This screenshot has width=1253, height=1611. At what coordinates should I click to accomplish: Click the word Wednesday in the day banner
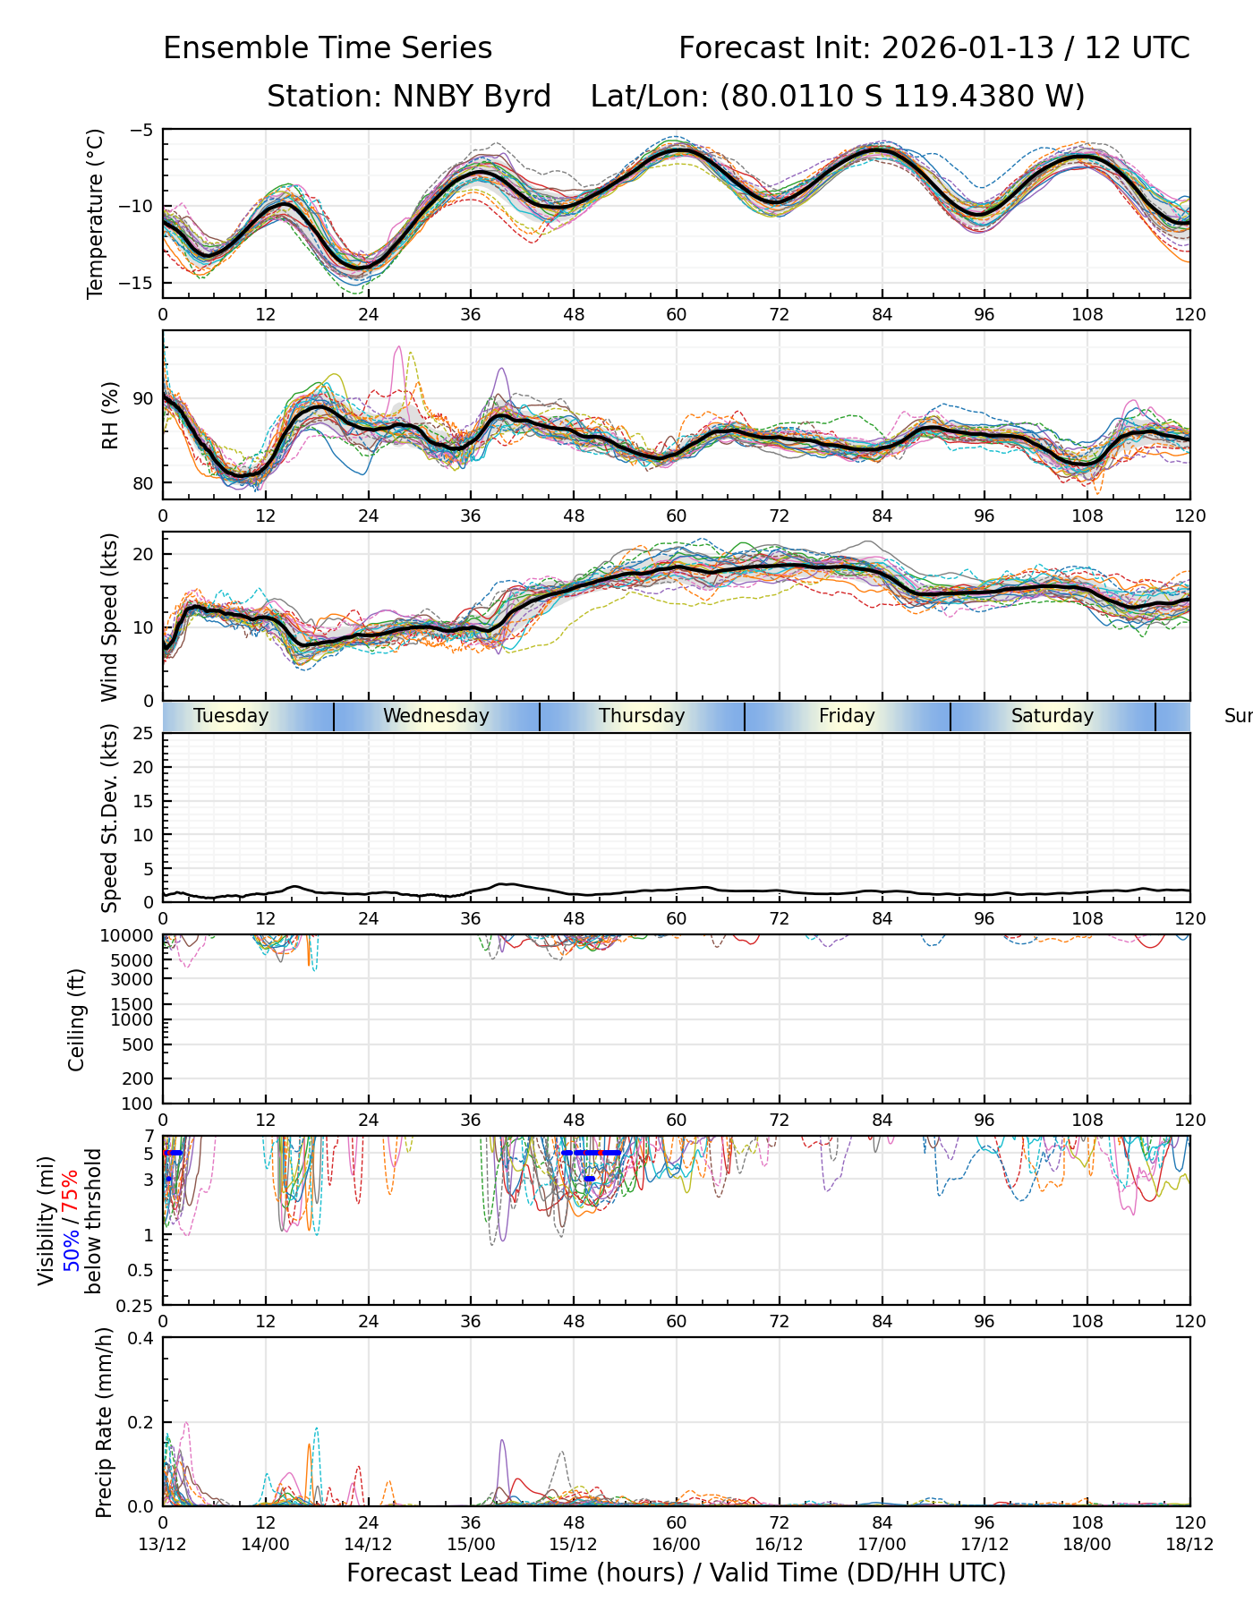tap(436, 716)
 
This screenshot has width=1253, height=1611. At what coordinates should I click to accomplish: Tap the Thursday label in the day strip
tap(642, 716)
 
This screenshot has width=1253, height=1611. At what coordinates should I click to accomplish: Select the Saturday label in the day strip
tap(1053, 716)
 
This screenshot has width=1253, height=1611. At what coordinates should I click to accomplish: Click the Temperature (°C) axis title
tap(96, 213)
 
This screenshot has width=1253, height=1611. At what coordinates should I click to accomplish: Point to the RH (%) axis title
tap(110, 415)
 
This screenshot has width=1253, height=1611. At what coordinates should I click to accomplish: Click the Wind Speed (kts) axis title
tap(109, 617)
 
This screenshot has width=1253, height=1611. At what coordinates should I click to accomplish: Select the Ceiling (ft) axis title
tap(77, 1019)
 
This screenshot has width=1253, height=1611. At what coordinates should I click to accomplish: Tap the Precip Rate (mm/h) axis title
tap(105, 1422)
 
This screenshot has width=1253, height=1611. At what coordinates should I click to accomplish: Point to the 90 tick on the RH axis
tap(143, 399)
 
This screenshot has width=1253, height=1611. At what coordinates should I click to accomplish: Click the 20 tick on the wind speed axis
tap(143, 554)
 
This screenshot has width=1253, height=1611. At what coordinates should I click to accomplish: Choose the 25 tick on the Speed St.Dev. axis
tap(143, 734)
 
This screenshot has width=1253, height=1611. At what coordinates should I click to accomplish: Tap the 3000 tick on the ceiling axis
tap(133, 978)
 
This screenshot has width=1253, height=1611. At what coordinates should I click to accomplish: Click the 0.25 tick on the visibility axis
tap(136, 1305)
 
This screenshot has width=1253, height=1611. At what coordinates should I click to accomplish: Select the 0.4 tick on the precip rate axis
tap(141, 1338)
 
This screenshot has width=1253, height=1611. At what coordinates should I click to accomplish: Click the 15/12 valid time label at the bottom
tap(574, 1544)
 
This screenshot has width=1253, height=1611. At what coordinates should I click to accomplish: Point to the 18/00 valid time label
tap(1087, 1544)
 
